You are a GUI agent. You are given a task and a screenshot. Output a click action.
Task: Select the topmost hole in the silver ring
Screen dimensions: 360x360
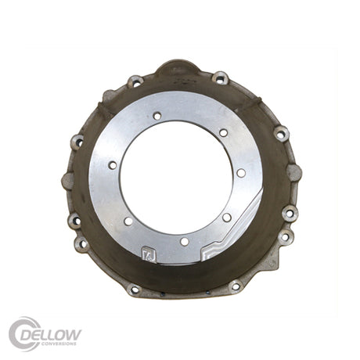[x=157, y=116]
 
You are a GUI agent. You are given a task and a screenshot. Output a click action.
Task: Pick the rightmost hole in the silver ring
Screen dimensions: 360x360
[x=241, y=173]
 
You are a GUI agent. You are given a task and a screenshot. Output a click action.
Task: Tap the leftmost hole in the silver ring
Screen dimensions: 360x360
[x=113, y=165]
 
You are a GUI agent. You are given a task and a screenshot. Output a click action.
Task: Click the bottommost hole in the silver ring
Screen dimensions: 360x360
[x=185, y=242]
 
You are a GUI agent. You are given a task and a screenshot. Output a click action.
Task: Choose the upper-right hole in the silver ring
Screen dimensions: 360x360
[x=223, y=133]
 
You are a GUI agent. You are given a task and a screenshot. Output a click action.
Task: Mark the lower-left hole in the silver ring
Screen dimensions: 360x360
[x=128, y=221]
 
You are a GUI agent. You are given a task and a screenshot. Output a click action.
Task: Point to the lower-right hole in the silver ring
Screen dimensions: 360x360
[x=226, y=218]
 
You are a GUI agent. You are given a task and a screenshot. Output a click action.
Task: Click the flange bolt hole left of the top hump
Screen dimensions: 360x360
[x=135, y=81]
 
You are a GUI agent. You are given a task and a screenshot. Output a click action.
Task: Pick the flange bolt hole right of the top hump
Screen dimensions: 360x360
[x=221, y=78]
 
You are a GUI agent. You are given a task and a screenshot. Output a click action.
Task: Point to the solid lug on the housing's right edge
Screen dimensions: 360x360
[x=293, y=172]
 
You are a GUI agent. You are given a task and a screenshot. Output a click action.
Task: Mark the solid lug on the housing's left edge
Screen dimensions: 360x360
[x=67, y=181]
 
